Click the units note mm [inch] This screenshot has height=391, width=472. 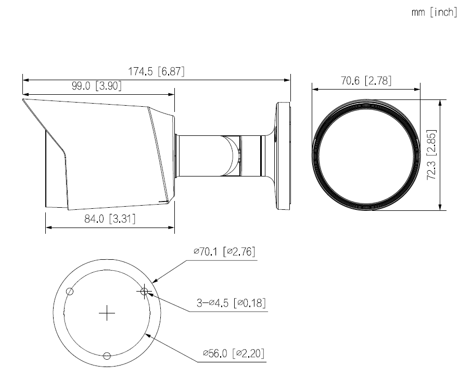[x=434, y=12]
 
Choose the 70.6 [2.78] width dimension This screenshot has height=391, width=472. [x=365, y=81]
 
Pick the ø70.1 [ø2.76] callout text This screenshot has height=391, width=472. [x=224, y=252]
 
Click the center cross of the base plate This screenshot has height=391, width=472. [x=107, y=312]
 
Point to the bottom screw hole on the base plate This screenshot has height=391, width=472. [x=107, y=356]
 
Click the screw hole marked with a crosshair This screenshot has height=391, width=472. [x=144, y=292]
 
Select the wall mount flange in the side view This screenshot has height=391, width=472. [x=282, y=155]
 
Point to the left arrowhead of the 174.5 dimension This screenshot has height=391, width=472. [x=25, y=80]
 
